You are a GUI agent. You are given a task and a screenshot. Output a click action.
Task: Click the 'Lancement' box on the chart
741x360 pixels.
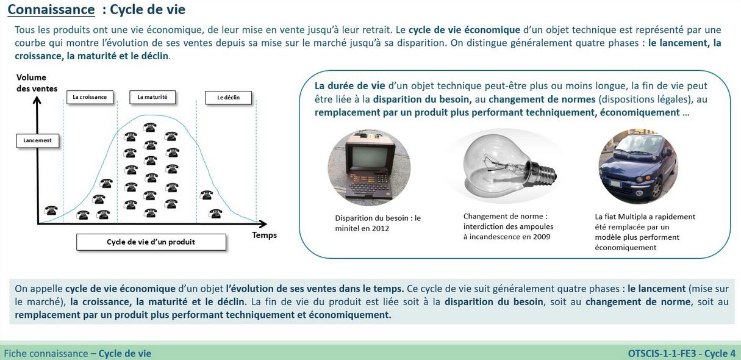click(x=37, y=140)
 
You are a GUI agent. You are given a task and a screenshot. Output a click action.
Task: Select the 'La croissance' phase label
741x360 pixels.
click(x=89, y=97)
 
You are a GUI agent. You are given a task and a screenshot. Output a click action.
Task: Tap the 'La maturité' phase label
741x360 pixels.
click(x=152, y=97)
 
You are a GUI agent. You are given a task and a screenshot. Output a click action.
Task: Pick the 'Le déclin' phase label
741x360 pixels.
click(x=228, y=98)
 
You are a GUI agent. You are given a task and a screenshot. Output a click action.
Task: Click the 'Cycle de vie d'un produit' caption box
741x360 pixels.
click(x=151, y=242)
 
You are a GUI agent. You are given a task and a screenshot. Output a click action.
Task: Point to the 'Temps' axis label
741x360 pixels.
click(x=264, y=235)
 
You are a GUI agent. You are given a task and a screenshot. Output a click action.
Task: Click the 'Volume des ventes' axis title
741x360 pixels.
click(x=37, y=83)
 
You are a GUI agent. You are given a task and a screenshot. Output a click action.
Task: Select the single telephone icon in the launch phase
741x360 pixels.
click(x=51, y=211)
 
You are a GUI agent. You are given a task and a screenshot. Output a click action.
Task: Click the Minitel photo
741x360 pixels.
click(x=368, y=167)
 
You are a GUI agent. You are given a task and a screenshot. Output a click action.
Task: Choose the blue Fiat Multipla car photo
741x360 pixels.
click(x=637, y=167)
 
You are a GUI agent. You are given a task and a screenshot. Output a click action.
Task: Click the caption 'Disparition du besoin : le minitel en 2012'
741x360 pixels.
click(x=378, y=223)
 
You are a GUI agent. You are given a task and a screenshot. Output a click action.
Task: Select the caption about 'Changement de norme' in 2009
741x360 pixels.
click(x=508, y=226)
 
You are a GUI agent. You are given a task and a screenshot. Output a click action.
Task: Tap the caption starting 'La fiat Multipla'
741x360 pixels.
click(x=645, y=232)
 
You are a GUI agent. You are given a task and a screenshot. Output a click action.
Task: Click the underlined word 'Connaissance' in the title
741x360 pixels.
click(x=51, y=10)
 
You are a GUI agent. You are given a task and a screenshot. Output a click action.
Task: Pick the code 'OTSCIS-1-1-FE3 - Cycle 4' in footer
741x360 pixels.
click(x=681, y=353)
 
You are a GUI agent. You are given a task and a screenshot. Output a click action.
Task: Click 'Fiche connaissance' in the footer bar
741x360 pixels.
click(x=46, y=353)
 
